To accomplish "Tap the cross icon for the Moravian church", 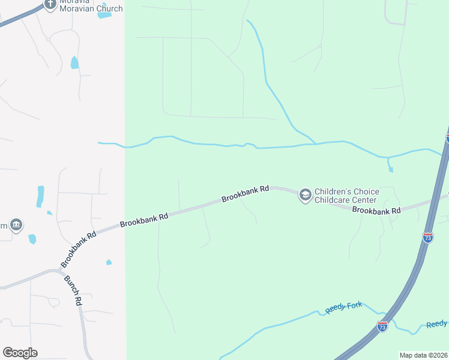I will tap(52, 3).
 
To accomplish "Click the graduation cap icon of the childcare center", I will tap(305, 194).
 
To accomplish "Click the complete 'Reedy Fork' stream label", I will tap(344, 308).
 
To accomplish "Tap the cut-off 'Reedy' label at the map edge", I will tap(437, 325).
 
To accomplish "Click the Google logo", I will tap(20, 353).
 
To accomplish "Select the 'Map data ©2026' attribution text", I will tap(424, 355).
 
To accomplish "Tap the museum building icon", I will tap(16, 225).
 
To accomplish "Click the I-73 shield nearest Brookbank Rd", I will tap(428, 237).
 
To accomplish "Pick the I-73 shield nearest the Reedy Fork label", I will tap(382, 326).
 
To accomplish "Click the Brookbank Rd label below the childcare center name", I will tap(376, 211).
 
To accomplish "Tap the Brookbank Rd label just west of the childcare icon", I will tap(245, 194).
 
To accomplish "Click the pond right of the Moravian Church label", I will tap(104, 14).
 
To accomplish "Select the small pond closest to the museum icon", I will tap(32, 239).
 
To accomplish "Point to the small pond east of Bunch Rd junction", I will tap(109, 262).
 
